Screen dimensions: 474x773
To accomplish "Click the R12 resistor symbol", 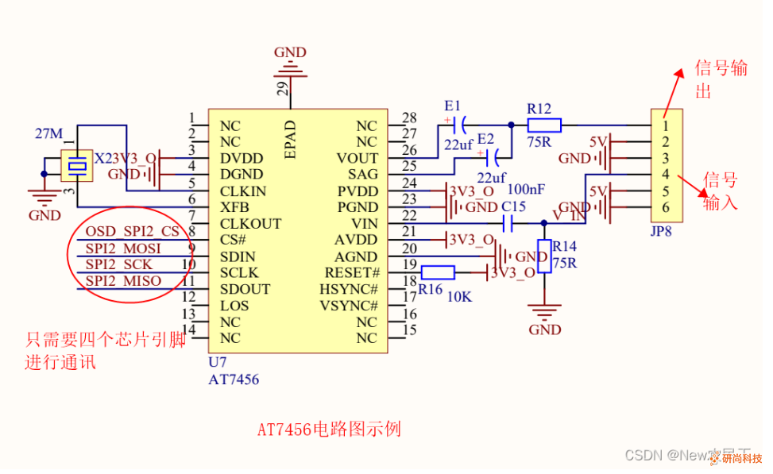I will pos(544,125).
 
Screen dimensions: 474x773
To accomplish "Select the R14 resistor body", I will pos(544,256).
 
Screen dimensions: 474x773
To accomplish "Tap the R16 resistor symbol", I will pos(438,272).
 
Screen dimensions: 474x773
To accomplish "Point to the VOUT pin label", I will pos(357,158).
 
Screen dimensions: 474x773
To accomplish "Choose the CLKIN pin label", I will pos(243,191).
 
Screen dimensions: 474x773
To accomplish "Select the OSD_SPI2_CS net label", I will pos(133,231).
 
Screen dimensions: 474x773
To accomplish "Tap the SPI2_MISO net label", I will pos(123,281).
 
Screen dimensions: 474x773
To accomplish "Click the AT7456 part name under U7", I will pos(234,380).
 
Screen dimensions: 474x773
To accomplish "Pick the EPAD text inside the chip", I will pos(291,140).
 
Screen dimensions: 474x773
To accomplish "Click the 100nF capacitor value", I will pos(526,190).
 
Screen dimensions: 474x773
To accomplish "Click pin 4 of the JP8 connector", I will pos(665,175).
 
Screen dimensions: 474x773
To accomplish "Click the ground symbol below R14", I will pos(544,314).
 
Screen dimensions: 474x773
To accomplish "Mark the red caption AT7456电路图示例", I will pos(329,430).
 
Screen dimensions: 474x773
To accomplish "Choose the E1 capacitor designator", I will pos(453,106).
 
